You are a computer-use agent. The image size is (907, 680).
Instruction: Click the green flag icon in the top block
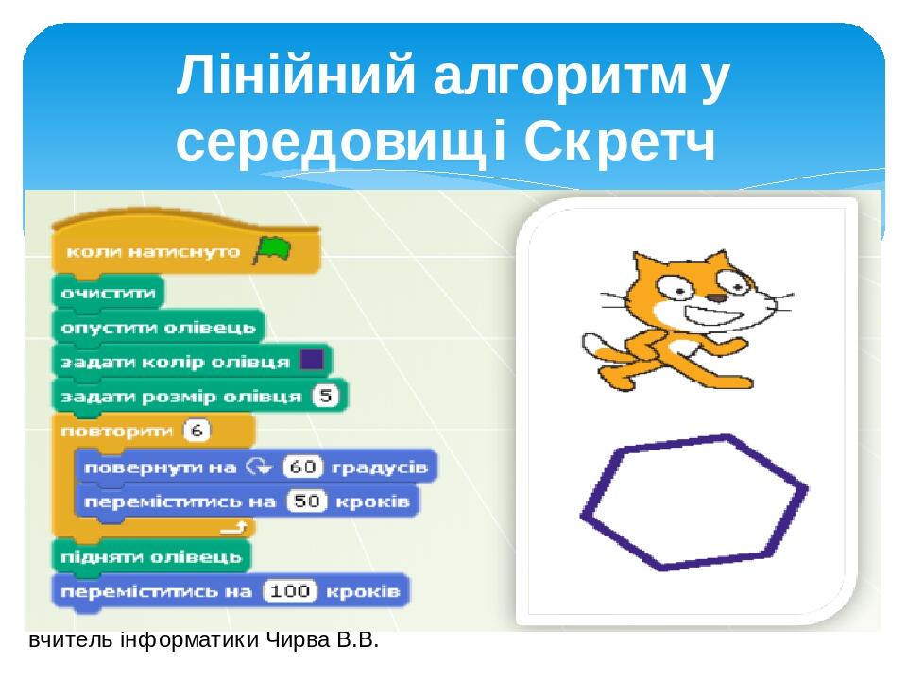pos(271,251)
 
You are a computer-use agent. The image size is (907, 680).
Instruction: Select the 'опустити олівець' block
pos(158,328)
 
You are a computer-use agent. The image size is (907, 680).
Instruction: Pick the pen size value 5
pos(327,396)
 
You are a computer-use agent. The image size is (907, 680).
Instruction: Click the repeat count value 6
pos(197,432)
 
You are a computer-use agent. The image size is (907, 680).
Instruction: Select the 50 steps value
pos(304,501)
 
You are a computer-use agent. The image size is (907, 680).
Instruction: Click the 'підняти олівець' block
pos(151,556)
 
